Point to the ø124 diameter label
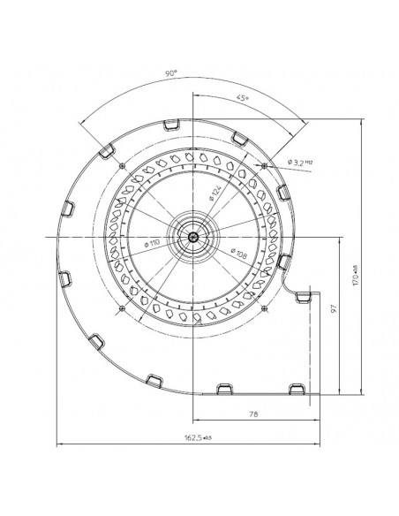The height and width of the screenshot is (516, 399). (215, 188)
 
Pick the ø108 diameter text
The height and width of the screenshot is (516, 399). (237, 254)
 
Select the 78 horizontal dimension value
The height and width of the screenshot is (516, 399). (254, 413)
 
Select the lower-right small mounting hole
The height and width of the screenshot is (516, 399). (264, 307)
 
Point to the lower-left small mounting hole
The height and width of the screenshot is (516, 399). (120, 307)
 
